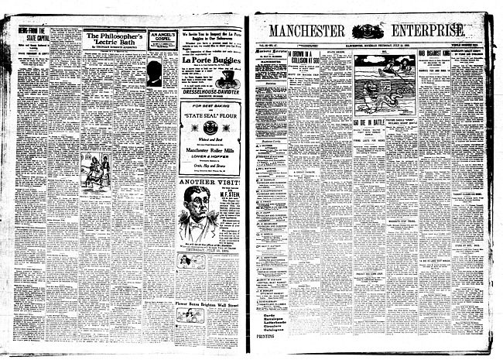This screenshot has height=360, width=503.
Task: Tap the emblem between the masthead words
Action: [x=368, y=31]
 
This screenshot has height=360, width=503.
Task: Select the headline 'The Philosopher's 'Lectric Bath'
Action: [x=113, y=39]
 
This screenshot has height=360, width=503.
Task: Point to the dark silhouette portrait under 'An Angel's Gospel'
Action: [x=153, y=73]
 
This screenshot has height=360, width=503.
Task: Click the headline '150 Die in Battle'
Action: [x=369, y=122]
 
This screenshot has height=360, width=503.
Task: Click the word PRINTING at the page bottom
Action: [x=265, y=337]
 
